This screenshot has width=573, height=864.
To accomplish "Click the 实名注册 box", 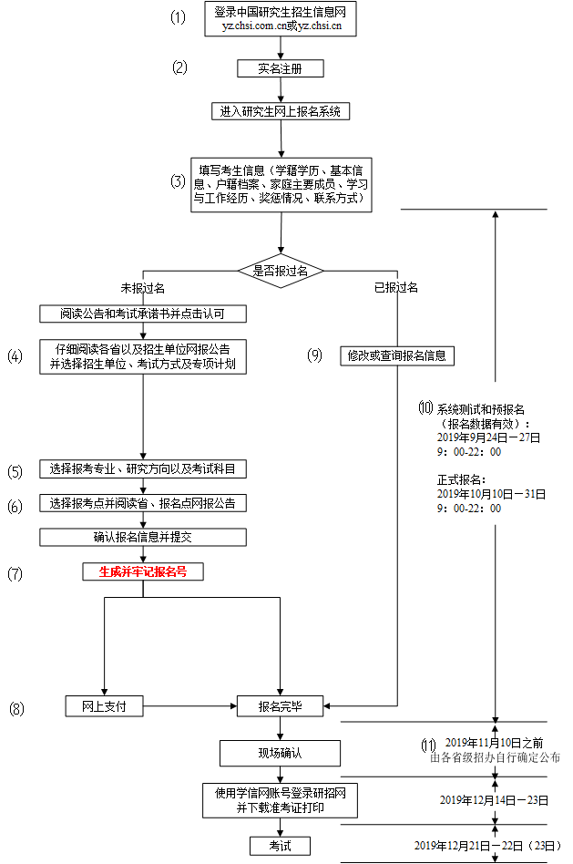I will point(280,68).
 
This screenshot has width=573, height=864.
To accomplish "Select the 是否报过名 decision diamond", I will point(281,271).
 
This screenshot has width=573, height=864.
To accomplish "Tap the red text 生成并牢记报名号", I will point(143,572).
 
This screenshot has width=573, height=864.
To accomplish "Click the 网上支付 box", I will point(105,705).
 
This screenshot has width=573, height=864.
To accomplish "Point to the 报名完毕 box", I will point(280,705).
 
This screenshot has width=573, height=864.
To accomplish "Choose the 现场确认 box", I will point(280,754).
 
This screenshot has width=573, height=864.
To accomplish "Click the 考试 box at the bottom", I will point(280,846).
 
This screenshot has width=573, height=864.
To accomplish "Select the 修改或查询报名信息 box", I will point(396,355).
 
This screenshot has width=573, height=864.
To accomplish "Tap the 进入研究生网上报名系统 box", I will point(280,111).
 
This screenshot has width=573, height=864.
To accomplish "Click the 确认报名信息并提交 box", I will point(143,537).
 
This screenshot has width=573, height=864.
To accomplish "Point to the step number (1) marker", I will point(178,18).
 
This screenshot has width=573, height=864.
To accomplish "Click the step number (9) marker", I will point(315,355).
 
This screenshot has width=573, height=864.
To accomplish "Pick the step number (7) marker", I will point(15,573).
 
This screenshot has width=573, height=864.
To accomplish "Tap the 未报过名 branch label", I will point(143,288).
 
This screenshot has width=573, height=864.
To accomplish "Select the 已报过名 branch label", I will point(395,288).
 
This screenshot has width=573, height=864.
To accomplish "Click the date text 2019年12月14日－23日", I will point(494,800).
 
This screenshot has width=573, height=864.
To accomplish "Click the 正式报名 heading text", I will point(462,479).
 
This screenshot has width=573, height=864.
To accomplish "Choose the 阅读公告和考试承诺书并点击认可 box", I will point(143,314).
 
